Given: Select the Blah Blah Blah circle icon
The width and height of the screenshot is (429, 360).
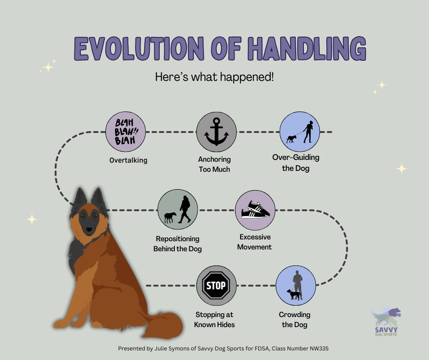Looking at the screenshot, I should point(125,132).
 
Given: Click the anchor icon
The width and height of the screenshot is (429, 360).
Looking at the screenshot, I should point(216,132).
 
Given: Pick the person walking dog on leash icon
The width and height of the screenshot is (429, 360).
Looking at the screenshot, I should point(299,132).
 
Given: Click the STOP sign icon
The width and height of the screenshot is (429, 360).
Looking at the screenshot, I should point(216,286).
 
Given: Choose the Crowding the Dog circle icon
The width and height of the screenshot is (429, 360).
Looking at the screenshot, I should point(296,286).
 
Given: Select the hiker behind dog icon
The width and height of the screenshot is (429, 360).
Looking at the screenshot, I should point(178,210).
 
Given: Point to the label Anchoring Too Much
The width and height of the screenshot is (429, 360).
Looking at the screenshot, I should point(214,164).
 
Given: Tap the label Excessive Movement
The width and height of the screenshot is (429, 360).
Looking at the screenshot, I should point(255,242).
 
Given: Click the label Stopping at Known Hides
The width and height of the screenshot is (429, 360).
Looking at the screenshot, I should point(214,320).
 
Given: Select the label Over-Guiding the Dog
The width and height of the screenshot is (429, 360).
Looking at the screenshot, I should point(296,163).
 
